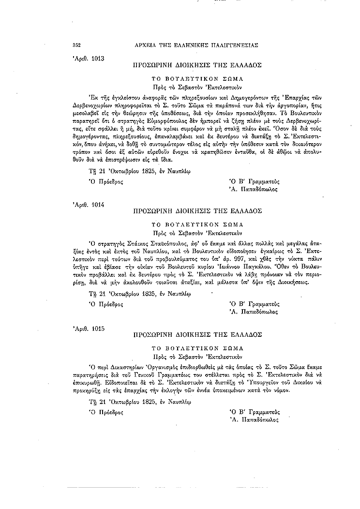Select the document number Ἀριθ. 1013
coord(89,57)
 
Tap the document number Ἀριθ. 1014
coord(89,205)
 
